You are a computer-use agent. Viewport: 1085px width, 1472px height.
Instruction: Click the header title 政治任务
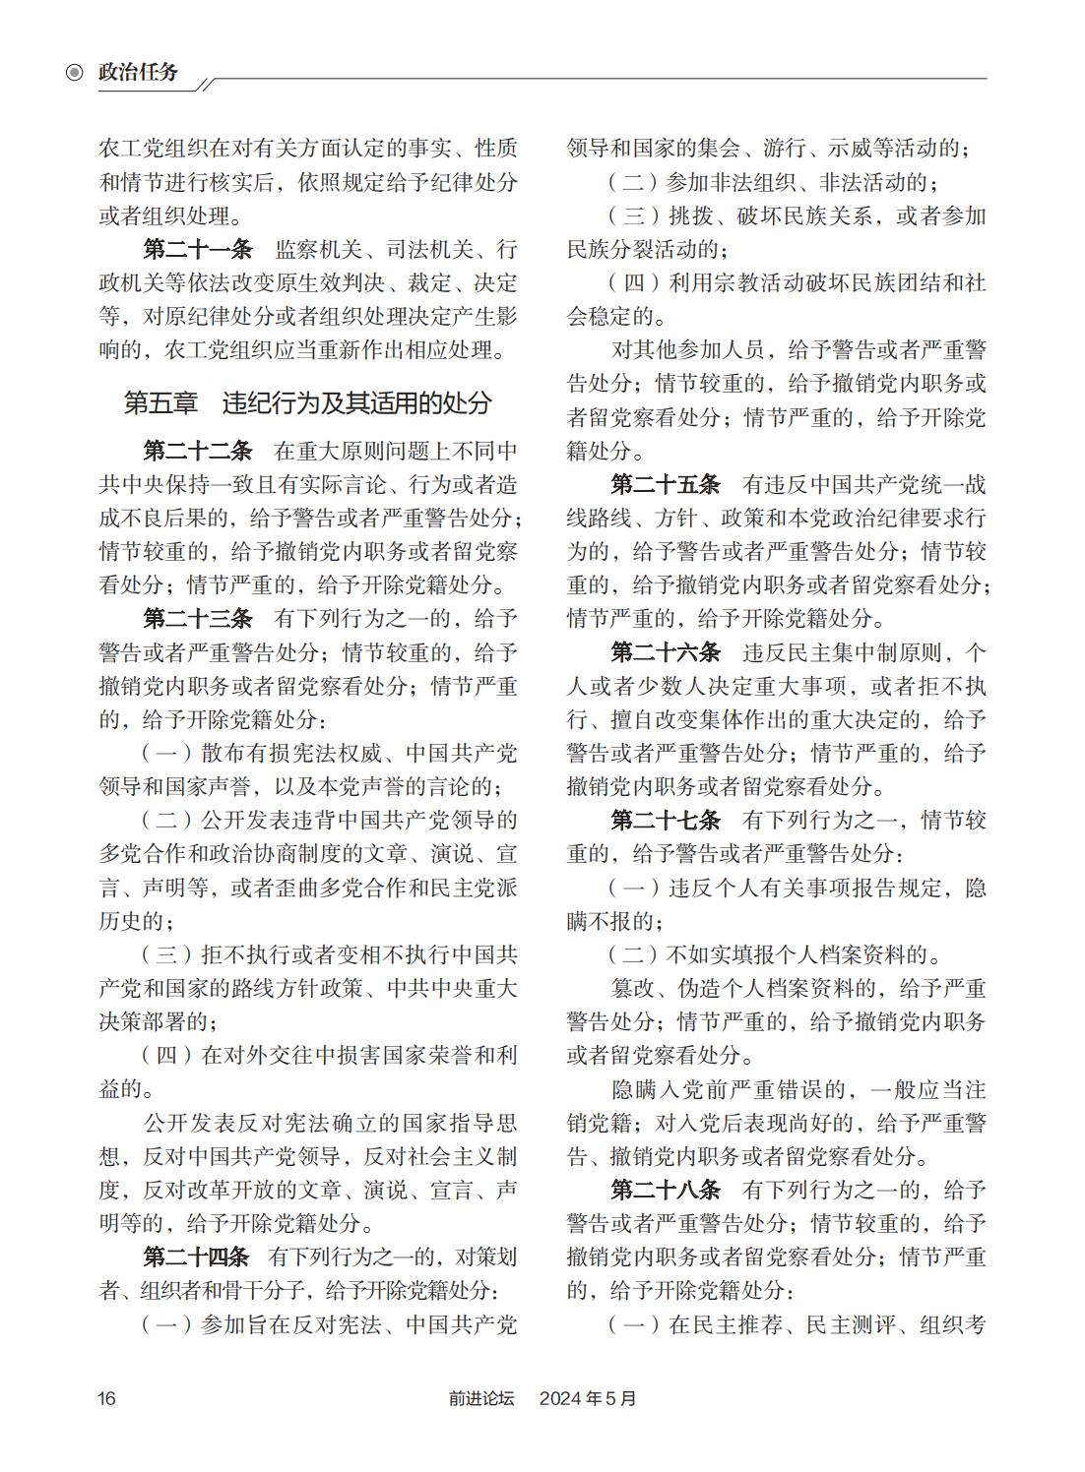point(138,72)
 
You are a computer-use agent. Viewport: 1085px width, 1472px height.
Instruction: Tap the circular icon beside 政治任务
point(74,72)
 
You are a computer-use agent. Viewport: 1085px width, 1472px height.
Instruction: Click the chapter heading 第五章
point(160,403)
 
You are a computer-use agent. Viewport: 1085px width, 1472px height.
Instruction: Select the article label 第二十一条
point(197,250)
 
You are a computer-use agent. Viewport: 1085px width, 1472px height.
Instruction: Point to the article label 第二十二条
point(197,452)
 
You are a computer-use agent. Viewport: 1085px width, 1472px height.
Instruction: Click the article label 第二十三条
point(197,619)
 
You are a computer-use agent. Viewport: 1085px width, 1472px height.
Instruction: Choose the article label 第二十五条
point(665,485)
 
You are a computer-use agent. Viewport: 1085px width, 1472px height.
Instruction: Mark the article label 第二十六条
point(665,652)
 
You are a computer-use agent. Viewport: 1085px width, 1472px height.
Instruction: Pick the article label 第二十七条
point(665,821)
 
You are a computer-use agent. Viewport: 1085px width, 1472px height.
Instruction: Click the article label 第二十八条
point(665,1191)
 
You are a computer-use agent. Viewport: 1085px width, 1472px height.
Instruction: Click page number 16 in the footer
point(106,1398)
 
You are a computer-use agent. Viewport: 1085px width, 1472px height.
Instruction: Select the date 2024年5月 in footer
point(588,1398)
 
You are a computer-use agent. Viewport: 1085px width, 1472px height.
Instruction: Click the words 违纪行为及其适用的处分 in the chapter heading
point(356,403)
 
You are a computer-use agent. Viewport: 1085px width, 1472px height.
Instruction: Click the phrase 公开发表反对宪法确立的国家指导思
point(330,1124)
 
